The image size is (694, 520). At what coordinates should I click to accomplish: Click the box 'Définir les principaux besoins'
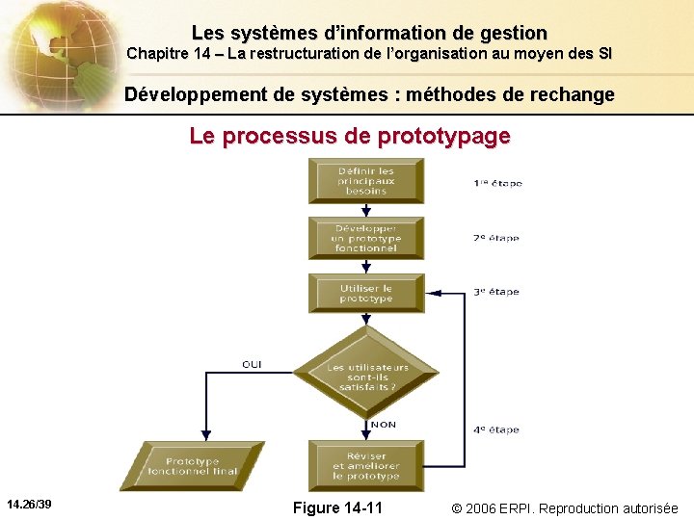tap(365, 181)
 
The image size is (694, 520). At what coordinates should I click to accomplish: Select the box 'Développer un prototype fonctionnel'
tap(365, 238)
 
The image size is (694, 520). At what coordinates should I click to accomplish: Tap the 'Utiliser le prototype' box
tap(365, 293)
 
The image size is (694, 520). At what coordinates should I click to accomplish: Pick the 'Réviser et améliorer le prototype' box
tap(365, 466)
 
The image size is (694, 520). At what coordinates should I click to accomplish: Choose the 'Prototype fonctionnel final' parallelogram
tap(193, 466)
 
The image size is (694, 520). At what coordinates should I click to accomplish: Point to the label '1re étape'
tap(496, 183)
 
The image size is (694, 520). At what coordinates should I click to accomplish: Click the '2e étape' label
tap(496, 238)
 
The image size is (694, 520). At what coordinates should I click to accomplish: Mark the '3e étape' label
tap(496, 292)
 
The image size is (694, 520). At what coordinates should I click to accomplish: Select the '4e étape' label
tap(496, 429)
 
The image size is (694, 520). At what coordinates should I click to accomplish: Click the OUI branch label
tap(252, 364)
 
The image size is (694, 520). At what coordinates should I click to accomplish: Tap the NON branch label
tap(383, 425)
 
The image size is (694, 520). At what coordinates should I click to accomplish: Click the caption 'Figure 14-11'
tap(337, 507)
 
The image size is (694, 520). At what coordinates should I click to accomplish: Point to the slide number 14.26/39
tap(29, 505)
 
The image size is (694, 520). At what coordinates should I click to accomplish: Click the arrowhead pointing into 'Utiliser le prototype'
tap(430, 292)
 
